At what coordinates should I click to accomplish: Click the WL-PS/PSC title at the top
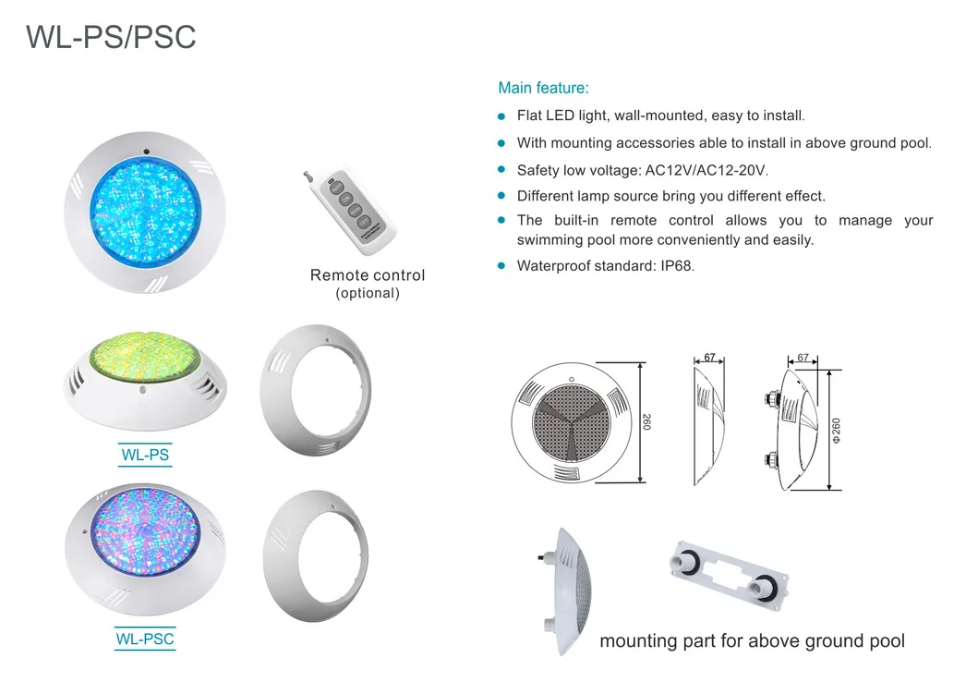[x=111, y=38]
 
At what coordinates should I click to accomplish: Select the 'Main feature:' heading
[x=543, y=89]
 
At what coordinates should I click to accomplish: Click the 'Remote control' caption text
[x=368, y=275]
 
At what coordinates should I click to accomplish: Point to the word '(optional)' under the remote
[x=368, y=294]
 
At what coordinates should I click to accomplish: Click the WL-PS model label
[x=146, y=455]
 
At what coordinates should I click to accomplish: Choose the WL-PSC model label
[x=145, y=639]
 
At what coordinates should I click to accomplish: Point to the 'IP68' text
[x=671, y=266]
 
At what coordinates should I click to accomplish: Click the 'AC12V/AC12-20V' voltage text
[x=700, y=170]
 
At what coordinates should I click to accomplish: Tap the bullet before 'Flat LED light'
[x=501, y=117]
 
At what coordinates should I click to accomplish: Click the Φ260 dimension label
[x=836, y=430]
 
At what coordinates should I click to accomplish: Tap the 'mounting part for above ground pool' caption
[x=752, y=640]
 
